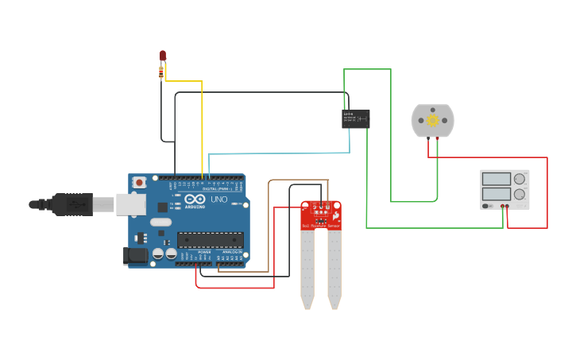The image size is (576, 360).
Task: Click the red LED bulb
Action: (163, 55)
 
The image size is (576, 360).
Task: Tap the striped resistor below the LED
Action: (162, 72)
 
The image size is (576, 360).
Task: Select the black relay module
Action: (355, 118)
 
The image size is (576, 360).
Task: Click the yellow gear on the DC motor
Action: (432, 120)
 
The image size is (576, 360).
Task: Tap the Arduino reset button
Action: (140, 183)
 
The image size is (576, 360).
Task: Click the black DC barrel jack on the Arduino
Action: (136, 256)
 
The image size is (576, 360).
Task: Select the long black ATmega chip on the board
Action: (210, 239)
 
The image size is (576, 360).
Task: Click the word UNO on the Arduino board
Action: (218, 199)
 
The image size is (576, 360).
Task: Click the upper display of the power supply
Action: (496, 179)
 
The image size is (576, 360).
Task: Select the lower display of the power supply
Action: (496, 193)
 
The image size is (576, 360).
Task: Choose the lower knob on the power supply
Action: (520, 194)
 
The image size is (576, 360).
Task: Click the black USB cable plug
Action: (72, 204)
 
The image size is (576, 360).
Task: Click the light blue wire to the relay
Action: (278, 153)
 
